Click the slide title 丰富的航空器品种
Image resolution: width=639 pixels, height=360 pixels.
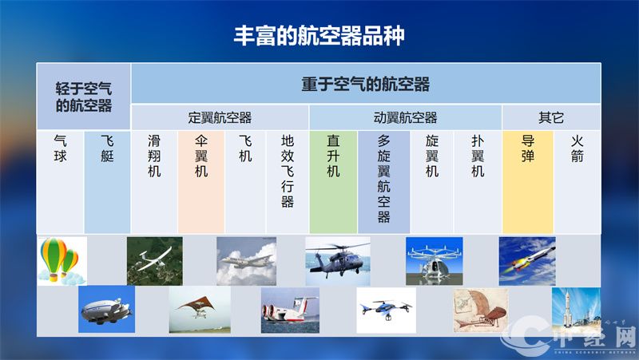319,35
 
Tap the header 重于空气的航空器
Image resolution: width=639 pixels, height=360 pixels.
365,84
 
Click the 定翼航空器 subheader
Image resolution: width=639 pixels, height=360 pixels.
220,117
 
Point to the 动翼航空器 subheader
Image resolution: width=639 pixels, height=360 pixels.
405,117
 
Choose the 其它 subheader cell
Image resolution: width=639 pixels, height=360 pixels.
550,117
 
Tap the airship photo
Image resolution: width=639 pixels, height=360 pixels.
106,310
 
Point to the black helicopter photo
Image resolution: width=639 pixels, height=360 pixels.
337,261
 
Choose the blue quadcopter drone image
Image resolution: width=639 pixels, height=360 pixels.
386,310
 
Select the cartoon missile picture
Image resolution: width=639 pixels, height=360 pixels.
527,261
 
